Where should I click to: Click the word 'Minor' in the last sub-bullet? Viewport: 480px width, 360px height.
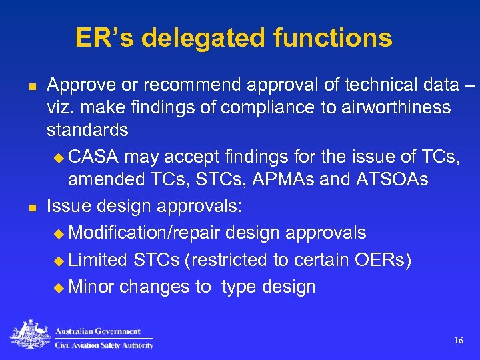(x=91, y=287)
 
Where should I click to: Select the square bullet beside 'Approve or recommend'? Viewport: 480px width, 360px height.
(x=31, y=86)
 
